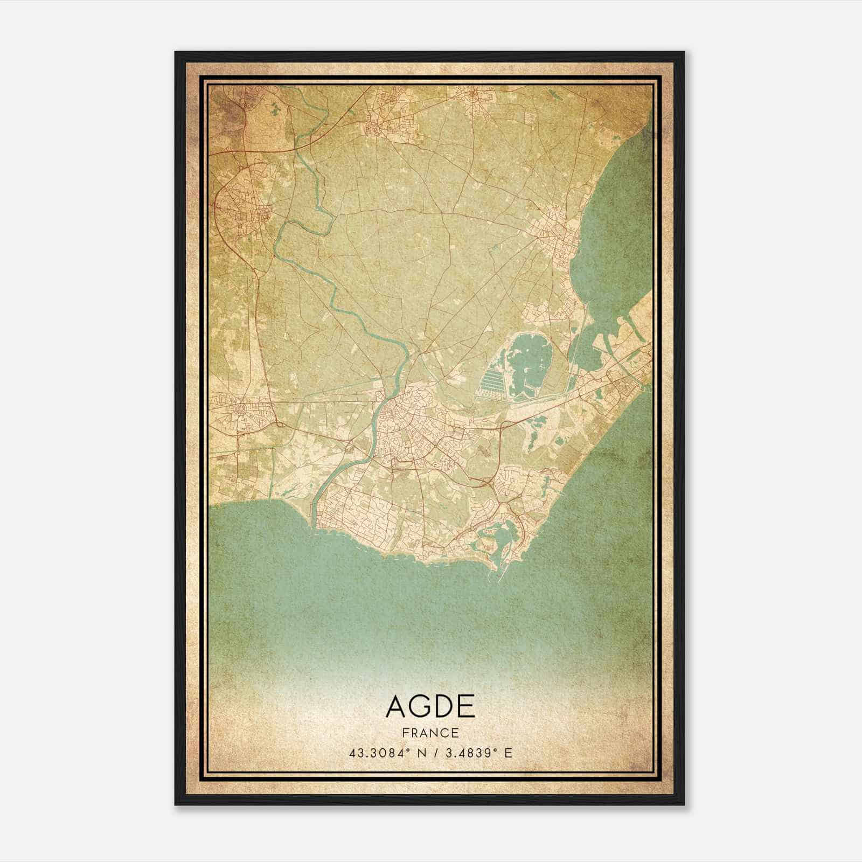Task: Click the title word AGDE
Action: (x=430, y=706)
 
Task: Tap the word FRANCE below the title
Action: (x=430, y=733)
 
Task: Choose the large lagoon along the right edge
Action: (x=614, y=226)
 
